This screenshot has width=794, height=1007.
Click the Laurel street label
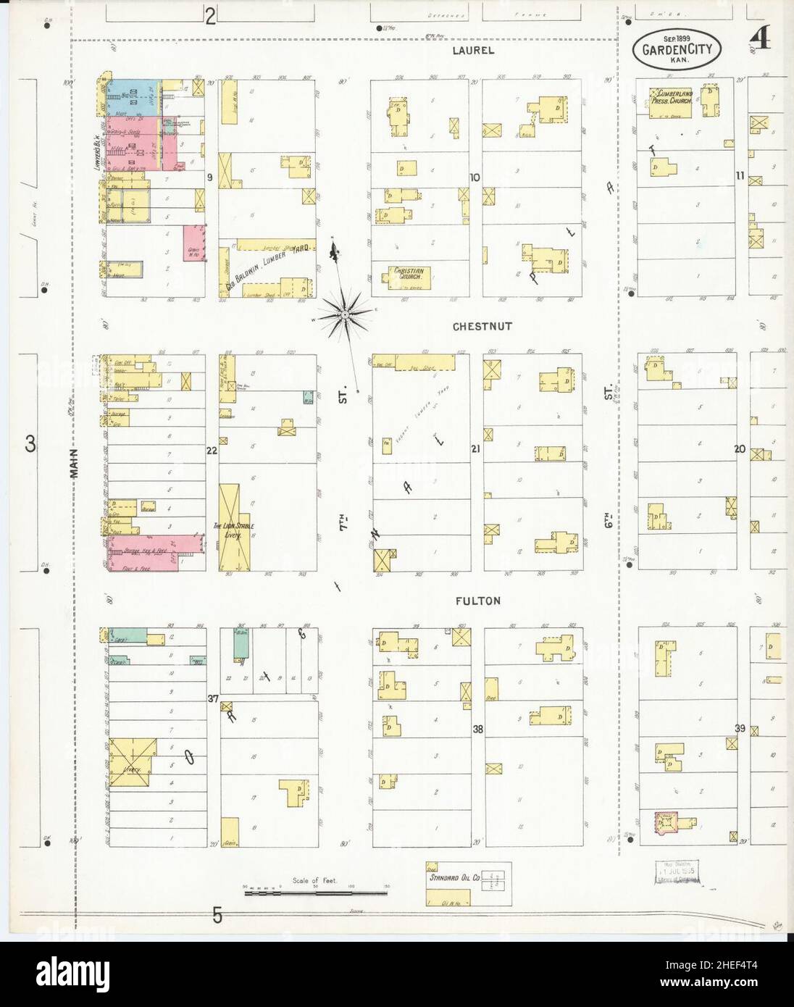tap(473, 50)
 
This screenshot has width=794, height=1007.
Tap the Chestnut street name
tap(482, 326)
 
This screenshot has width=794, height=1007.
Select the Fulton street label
tap(478, 601)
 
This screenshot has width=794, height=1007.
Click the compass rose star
tap(345, 315)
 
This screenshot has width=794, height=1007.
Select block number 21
tap(475, 449)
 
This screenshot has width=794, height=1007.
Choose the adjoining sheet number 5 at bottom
tap(217, 916)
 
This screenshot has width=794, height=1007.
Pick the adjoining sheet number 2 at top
tap(210, 16)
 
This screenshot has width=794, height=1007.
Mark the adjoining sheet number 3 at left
tap(30, 446)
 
